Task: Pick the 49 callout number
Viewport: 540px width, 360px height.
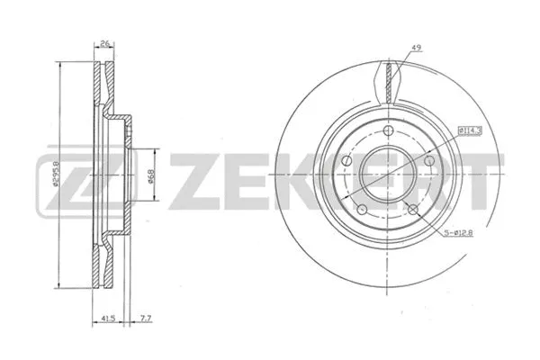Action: tap(415, 48)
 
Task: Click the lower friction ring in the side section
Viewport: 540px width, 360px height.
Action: tap(101, 266)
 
